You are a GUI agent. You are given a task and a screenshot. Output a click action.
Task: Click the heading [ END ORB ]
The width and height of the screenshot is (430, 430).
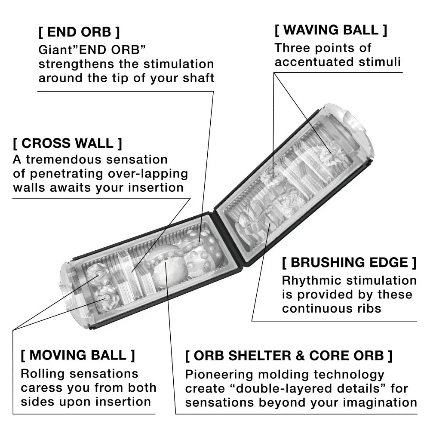(79, 32)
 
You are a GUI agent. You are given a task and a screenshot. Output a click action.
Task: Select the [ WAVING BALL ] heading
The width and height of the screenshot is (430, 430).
(331, 31)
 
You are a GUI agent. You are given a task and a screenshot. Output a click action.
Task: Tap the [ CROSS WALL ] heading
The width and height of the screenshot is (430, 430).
(68, 143)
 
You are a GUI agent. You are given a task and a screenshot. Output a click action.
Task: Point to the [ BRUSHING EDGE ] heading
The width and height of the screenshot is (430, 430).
(349, 262)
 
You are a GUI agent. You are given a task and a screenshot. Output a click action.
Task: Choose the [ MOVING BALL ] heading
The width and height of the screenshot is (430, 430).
(78, 356)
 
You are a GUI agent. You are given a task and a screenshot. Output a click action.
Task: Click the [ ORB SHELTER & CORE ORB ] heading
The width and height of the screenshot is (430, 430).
(289, 356)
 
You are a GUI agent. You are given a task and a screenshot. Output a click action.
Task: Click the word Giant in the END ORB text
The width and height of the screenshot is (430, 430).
(51, 50)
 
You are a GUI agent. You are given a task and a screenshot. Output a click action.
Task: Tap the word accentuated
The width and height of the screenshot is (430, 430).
(308, 62)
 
